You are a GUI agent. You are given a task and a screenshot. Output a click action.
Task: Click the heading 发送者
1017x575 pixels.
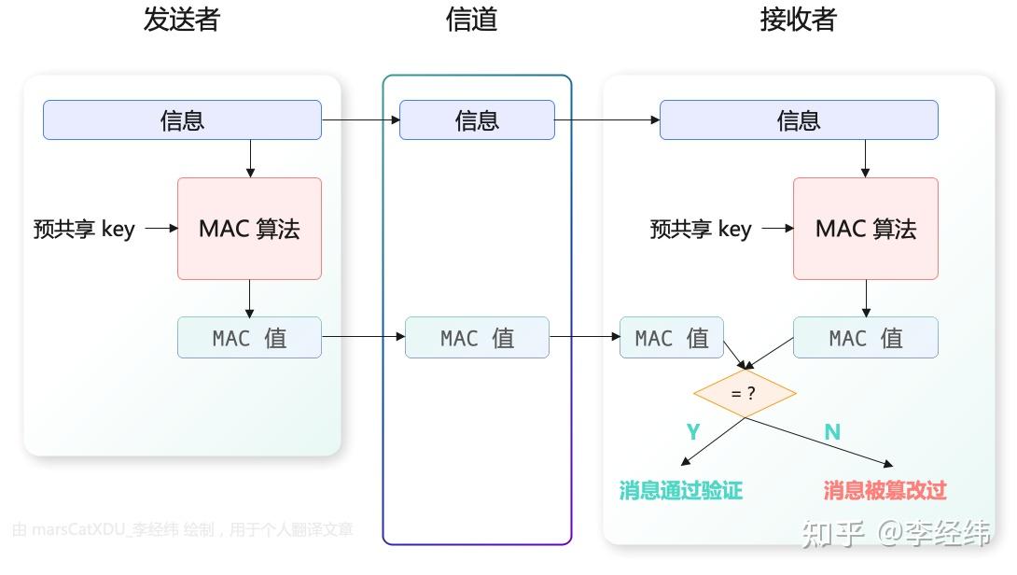point(181,21)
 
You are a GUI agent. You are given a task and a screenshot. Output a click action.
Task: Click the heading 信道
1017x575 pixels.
point(472,21)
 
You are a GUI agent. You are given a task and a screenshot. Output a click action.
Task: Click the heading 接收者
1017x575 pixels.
point(798,21)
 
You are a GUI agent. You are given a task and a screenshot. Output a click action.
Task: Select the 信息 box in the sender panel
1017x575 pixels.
point(182,120)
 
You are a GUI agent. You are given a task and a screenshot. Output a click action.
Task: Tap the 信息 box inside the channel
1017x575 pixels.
point(477,120)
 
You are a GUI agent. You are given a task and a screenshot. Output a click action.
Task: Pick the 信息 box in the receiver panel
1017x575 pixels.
point(799,120)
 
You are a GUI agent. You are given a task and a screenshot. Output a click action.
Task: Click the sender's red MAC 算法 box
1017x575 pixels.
point(249,229)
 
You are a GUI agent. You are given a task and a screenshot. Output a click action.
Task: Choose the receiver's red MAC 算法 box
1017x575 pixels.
point(865,229)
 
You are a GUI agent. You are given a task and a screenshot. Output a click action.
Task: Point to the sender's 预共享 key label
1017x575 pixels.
point(84,229)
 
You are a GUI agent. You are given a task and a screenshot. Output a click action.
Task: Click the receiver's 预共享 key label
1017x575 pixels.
point(701,229)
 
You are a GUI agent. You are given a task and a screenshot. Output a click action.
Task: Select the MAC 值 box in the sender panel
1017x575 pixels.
point(249,338)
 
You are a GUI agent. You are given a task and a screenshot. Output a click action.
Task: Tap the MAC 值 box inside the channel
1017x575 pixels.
point(477,338)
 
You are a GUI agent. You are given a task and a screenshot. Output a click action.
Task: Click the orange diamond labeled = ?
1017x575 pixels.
point(744,393)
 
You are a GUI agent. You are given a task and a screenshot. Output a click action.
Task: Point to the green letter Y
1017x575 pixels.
point(693,431)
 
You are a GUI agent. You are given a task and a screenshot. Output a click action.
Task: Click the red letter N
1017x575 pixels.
point(832,431)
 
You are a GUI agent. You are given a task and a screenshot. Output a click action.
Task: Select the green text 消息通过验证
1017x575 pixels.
point(681,490)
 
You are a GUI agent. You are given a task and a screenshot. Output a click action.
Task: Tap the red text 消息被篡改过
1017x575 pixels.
point(885,490)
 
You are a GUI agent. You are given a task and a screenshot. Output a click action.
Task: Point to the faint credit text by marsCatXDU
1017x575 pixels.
point(183,530)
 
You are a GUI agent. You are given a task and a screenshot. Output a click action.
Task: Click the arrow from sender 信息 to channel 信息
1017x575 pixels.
point(360,120)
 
